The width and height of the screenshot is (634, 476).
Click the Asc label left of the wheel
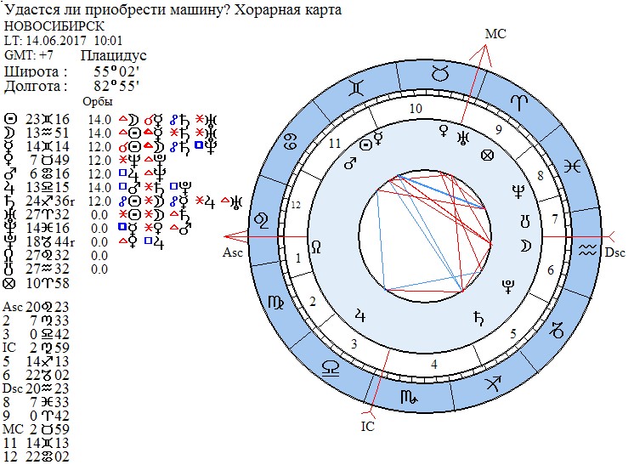(x=233, y=252)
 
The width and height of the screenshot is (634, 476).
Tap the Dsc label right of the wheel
(x=614, y=252)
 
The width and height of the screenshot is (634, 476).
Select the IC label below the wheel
(x=367, y=426)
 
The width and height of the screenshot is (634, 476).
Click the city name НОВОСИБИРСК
(x=53, y=25)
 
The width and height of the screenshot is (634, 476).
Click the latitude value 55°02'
(x=116, y=71)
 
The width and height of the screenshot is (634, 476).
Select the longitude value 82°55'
(x=116, y=86)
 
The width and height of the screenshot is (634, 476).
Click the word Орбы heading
(x=96, y=102)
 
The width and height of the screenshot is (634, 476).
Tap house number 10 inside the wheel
(x=416, y=109)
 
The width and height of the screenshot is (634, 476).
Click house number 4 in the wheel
(x=434, y=365)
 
